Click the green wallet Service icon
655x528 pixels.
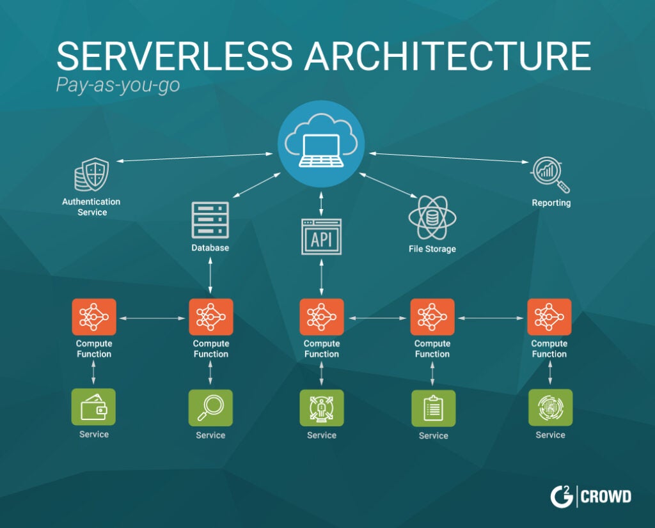point(93,407)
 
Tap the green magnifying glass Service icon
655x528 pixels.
point(210,408)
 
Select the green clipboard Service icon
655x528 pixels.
point(433,408)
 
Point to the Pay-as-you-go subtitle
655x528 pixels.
point(118,85)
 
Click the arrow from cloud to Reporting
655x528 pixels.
point(448,157)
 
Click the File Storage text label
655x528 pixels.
point(432,249)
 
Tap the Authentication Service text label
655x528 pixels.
point(91,206)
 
